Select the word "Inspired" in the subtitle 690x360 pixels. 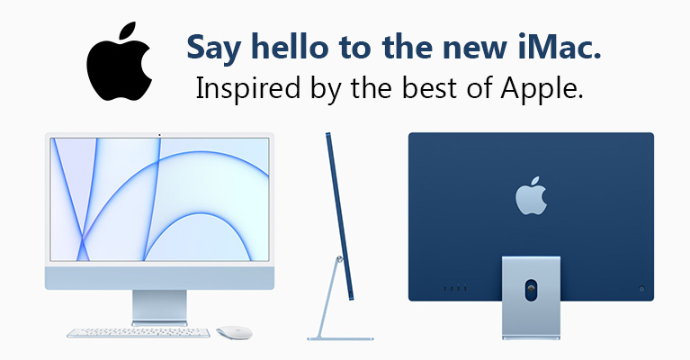click(x=248, y=89)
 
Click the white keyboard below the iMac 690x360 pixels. click(x=139, y=333)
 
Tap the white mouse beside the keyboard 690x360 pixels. click(x=235, y=333)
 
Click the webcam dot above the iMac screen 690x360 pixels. click(x=159, y=135)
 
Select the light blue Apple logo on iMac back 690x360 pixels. click(x=531, y=196)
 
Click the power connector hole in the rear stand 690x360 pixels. click(x=531, y=290)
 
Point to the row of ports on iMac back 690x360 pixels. click(x=455, y=289)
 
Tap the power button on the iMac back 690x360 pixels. click(x=641, y=289)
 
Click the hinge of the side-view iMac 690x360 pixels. click(x=339, y=260)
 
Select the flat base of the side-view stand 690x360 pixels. click(x=340, y=338)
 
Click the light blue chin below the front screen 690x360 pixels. click(x=160, y=277)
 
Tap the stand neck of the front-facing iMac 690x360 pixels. click(x=160, y=306)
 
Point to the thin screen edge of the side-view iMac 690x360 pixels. click(x=339, y=217)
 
